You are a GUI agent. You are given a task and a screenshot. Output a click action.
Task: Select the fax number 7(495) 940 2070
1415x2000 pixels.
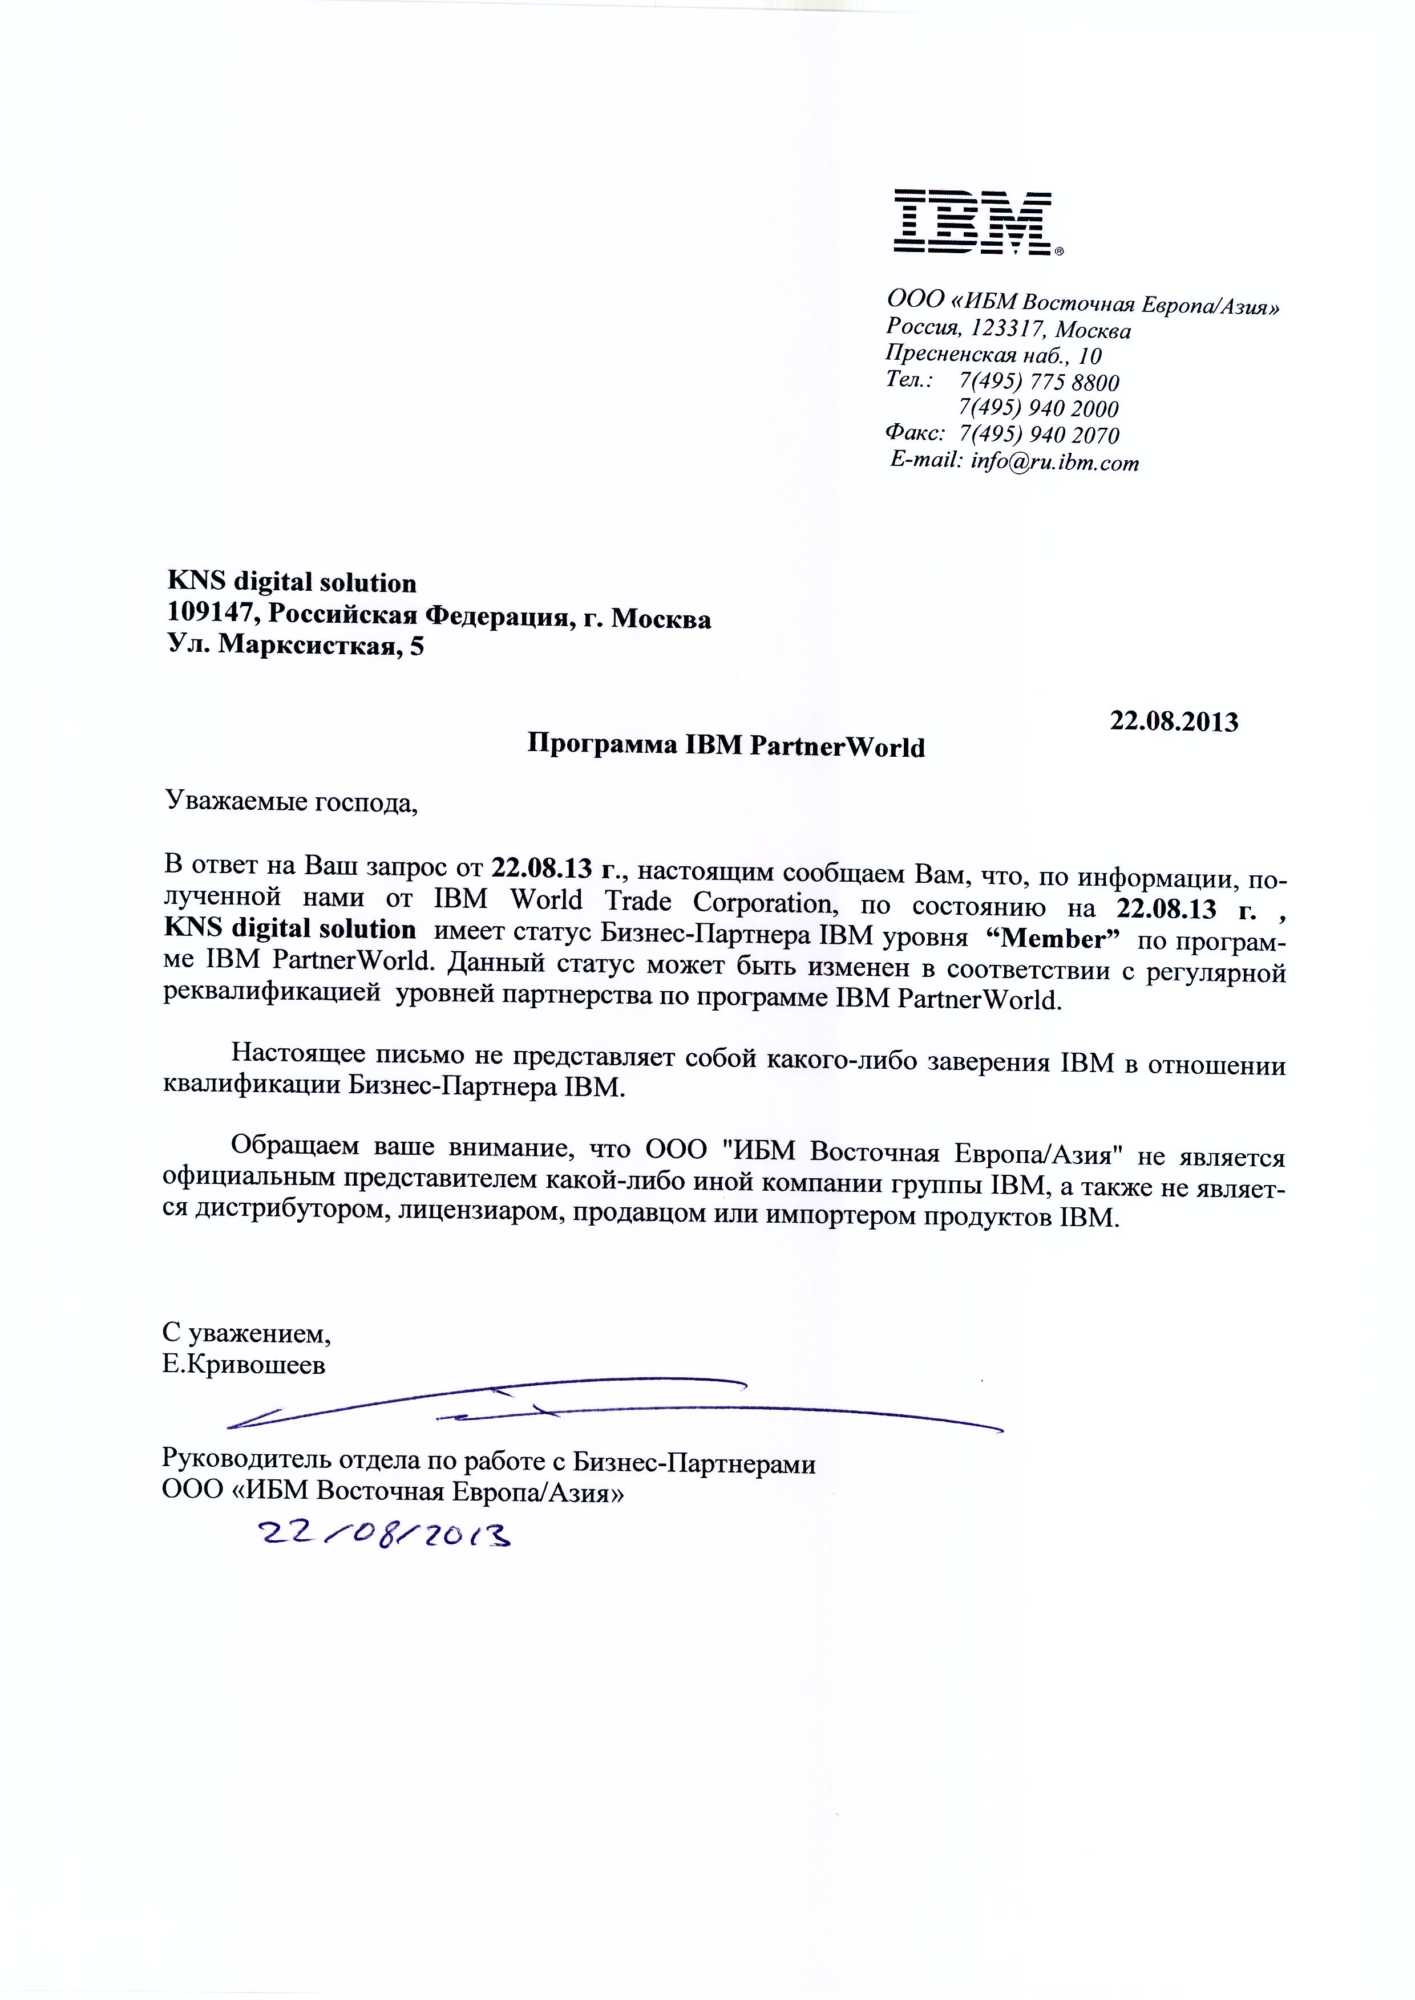[1038, 435]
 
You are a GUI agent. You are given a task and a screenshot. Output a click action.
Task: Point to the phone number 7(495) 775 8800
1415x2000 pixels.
[1038, 382]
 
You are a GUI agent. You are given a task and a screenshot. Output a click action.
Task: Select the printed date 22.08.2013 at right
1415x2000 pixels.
[1173, 721]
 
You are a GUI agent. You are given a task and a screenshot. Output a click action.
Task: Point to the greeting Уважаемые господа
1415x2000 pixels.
[291, 801]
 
